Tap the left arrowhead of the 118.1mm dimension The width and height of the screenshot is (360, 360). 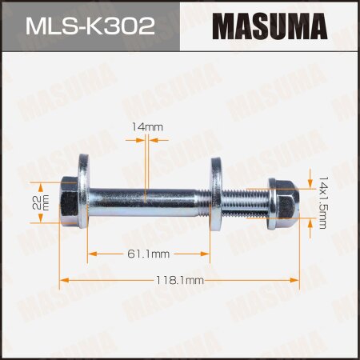[64, 280]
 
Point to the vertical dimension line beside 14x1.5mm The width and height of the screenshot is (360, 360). [311, 205]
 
